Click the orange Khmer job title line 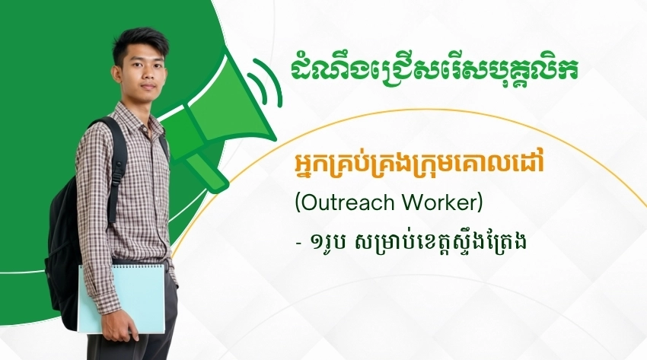pyautogui.click(x=418, y=164)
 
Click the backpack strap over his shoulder pyautogui.click(x=116, y=165)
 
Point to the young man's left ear pyautogui.click(x=117, y=75)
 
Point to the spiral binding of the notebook pyautogui.click(x=122, y=265)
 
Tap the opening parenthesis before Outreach pyautogui.click(x=298, y=202)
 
